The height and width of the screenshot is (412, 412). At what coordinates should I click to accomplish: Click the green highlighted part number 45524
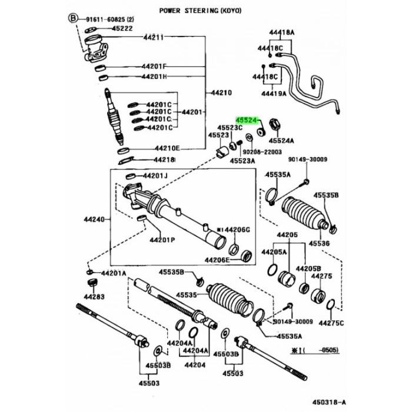[247, 119]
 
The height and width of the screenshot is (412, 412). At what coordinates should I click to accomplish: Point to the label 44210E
[168, 148]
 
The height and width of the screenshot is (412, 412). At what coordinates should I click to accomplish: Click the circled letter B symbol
[74, 19]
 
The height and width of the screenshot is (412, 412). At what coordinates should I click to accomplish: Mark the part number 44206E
[217, 259]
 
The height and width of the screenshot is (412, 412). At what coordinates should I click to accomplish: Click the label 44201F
[153, 66]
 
